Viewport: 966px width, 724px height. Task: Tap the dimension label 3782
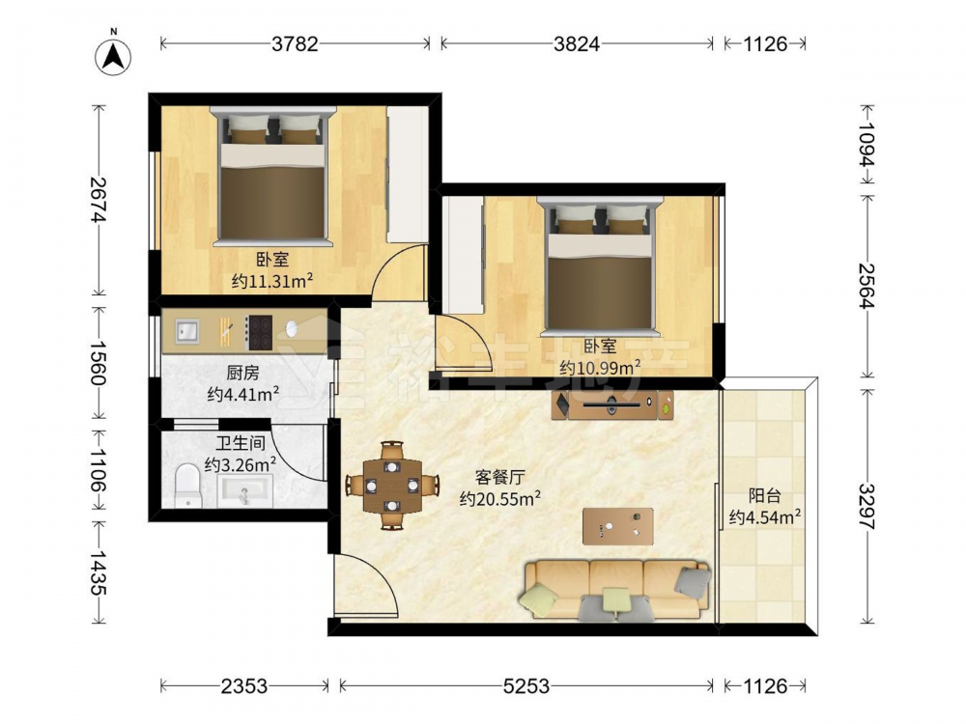coord(295,43)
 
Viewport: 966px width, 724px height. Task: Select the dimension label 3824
coord(577,43)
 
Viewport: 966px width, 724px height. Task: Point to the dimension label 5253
coord(526,685)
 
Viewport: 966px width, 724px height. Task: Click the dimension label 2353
coord(244,685)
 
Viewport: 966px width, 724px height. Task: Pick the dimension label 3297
coord(867,506)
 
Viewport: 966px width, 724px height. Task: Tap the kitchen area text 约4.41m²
coord(243,394)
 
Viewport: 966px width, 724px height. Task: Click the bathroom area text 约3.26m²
coord(241,464)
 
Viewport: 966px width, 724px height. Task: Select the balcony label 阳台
coord(764,495)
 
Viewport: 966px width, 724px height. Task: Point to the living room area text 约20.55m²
coord(500,497)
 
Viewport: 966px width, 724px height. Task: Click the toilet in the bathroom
coord(188,486)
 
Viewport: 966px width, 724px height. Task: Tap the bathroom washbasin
coord(245,491)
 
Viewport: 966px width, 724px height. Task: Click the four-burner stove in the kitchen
coord(259,332)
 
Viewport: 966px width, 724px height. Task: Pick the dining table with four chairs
coord(392,486)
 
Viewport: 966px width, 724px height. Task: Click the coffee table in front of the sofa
coord(618,526)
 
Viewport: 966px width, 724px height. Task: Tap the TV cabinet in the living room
coord(612,405)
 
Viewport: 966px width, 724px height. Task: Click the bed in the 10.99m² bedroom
coord(600,266)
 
